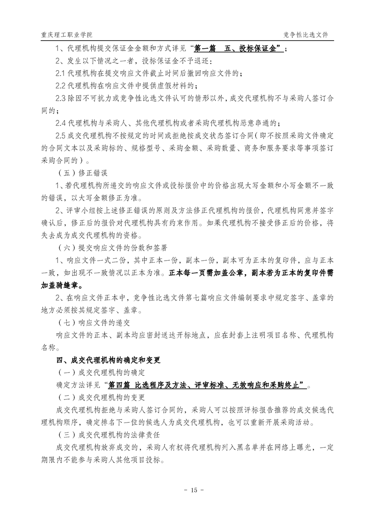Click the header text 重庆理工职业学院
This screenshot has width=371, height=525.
[x=66, y=35]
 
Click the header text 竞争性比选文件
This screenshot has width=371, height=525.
[x=306, y=35]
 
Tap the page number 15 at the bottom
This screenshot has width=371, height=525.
[x=185, y=490]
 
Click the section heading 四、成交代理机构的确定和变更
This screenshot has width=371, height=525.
[x=108, y=360]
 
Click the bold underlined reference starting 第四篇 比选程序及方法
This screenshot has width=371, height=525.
[x=207, y=385]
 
